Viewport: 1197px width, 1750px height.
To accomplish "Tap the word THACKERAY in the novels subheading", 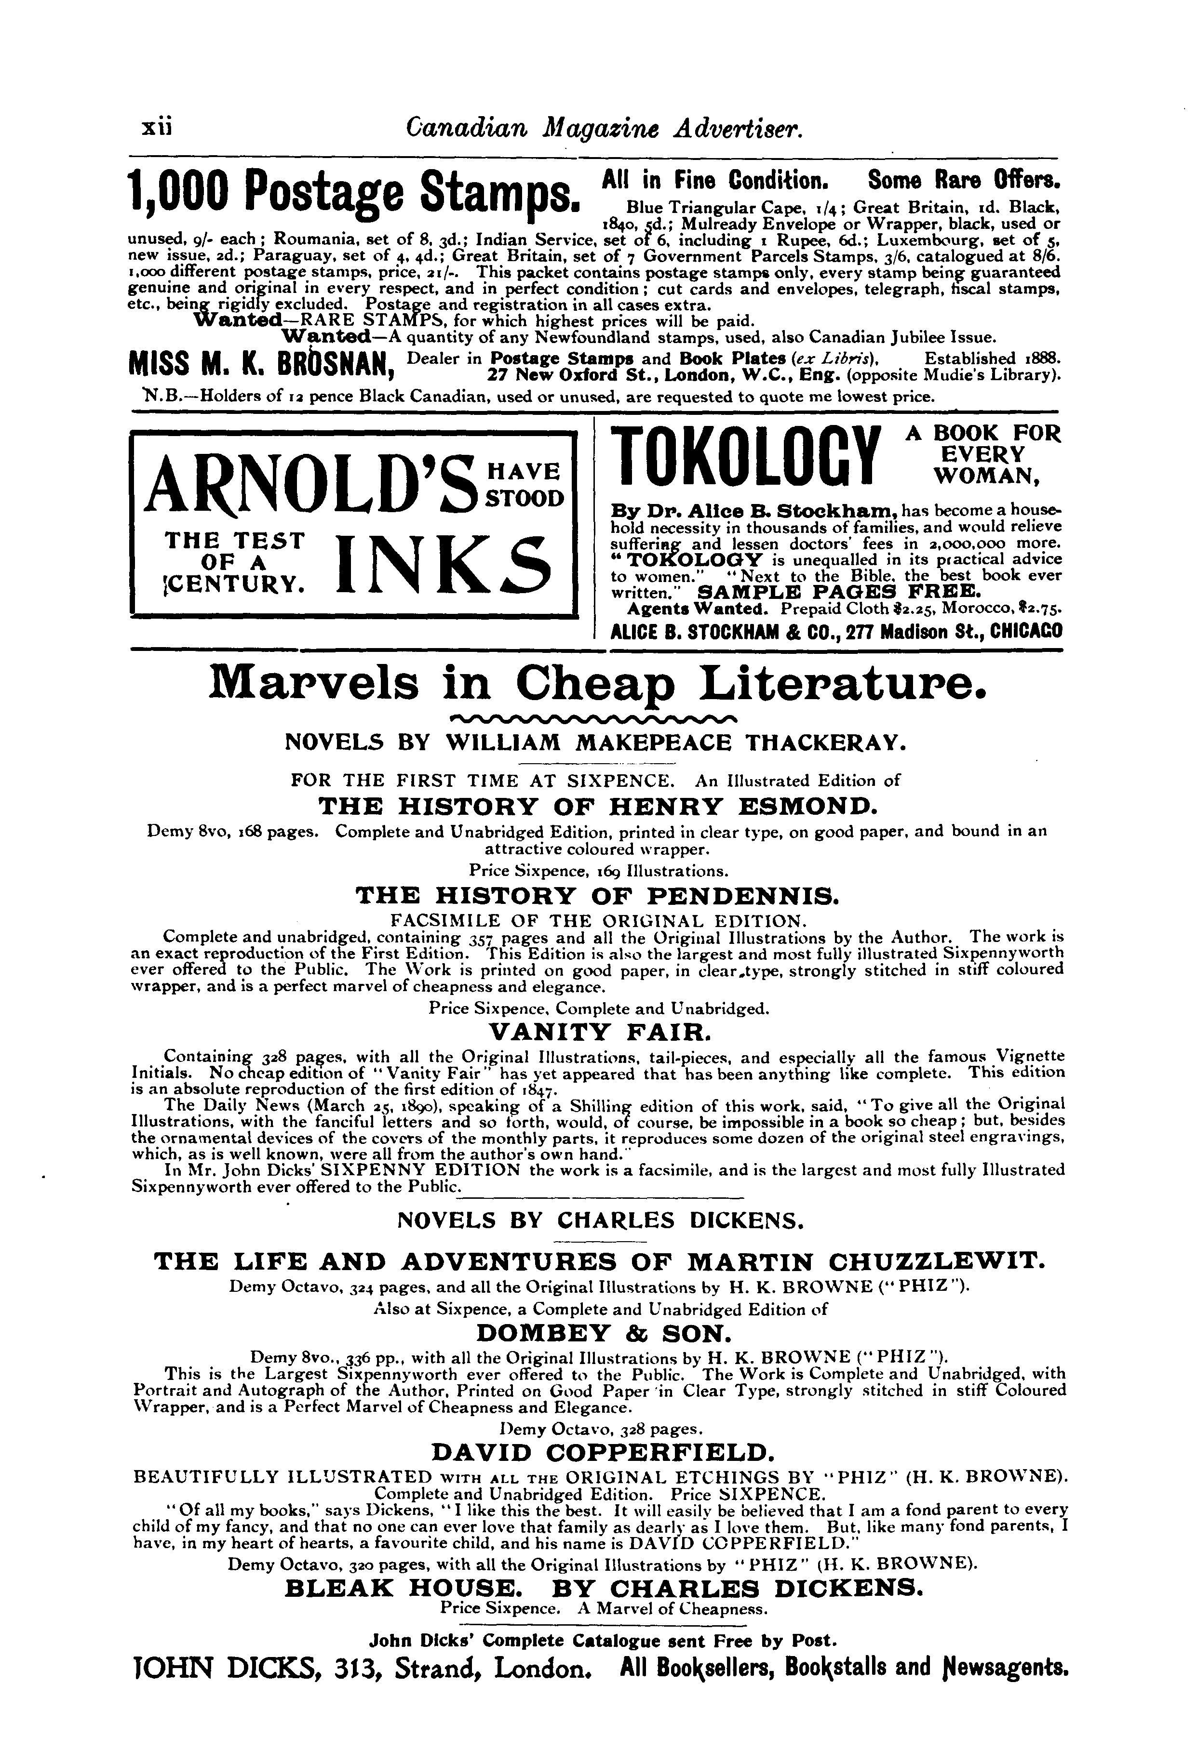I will (824, 743).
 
